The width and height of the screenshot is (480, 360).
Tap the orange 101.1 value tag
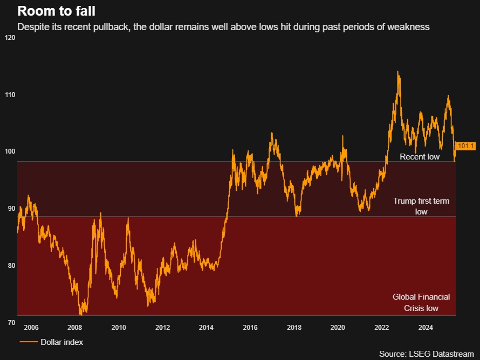coord(465,146)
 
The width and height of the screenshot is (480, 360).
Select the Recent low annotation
coord(420,157)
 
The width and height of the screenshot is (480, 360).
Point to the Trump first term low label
coord(421,206)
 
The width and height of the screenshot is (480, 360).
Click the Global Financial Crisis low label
coord(421,302)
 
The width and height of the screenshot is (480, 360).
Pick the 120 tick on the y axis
coord(9,38)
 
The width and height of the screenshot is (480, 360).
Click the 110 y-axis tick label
coord(9,95)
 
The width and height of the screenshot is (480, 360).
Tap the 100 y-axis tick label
coord(9,151)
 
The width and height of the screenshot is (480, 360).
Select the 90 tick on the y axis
coord(9,209)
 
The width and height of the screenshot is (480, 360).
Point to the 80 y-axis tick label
coord(9,265)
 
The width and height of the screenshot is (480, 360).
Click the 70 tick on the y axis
coord(9,322)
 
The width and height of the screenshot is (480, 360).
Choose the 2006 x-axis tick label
coord(31,327)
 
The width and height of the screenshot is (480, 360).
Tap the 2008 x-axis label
coord(74,327)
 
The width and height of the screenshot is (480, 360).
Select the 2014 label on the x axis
coord(206,327)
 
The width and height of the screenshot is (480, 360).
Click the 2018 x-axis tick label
coord(294,327)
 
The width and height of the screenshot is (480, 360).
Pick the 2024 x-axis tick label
coord(426,327)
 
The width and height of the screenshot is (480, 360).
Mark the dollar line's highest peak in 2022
coord(398,72)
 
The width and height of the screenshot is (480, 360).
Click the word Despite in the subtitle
coord(32,26)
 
